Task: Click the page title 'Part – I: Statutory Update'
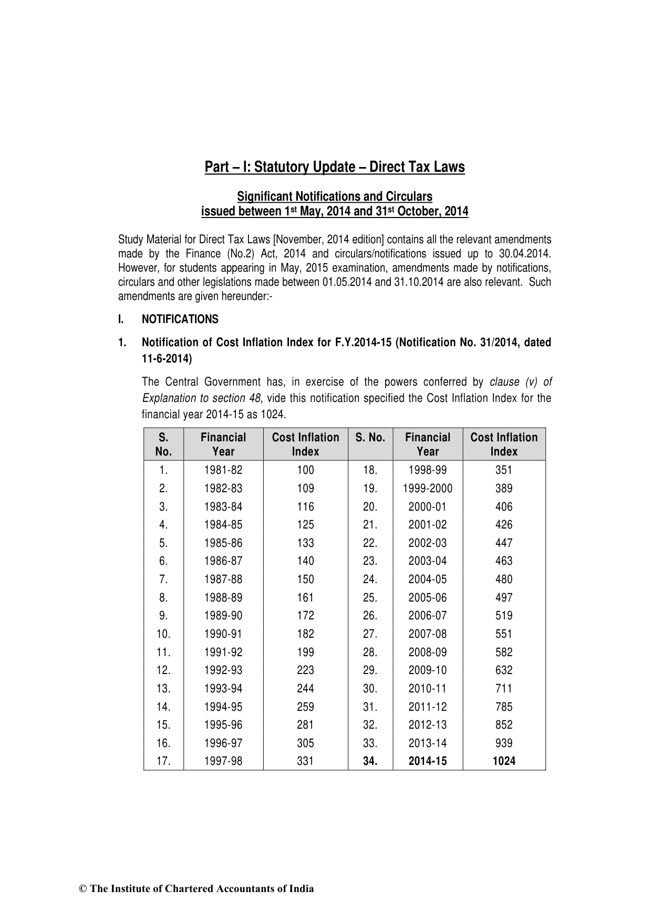pyautogui.click(x=334, y=167)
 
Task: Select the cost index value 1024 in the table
pyautogui.click(x=504, y=761)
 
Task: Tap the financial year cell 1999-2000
pyautogui.click(x=428, y=489)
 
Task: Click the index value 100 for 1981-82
pyautogui.click(x=305, y=470)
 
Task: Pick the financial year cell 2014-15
pyautogui.click(x=428, y=761)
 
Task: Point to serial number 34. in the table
pyautogui.click(x=370, y=761)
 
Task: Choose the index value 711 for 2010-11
pyautogui.click(x=504, y=688)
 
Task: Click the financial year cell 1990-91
pyautogui.click(x=223, y=634)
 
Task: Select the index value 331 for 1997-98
pyautogui.click(x=305, y=761)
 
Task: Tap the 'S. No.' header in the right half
pyautogui.click(x=370, y=438)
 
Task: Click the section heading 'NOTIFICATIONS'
pyautogui.click(x=180, y=319)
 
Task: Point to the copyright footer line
pyautogui.click(x=196, y=889)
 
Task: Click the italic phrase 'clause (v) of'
pyautogui.click(x=521, y=382)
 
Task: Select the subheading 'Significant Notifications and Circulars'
pyautogui.click(x=334, y=196)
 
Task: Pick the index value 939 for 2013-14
pyautogui.click(x=504, y=743)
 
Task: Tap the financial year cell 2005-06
pyautogui.click(x=428, y=597)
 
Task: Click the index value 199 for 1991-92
pyautogui.click(x=305, y=652)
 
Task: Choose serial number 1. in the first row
pyautogui.click(x=163, y=470)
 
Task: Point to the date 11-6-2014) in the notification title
pyautogui.click(x=167, y=359)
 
